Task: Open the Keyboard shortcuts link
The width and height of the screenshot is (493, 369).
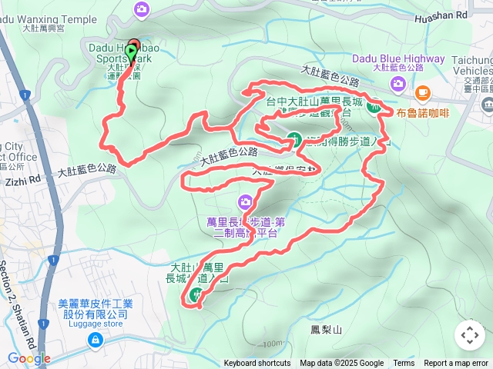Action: click(257, 364)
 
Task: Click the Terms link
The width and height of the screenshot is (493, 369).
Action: click(404, 364)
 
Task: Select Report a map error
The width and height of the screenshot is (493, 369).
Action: click(456, 364)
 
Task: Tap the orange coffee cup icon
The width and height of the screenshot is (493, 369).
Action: click(422, 93)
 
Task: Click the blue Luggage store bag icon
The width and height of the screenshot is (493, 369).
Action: click(95, 339)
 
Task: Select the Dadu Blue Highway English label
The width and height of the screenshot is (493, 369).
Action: click(398, 58)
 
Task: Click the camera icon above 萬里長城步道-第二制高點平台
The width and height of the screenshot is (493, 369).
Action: click(245, 202)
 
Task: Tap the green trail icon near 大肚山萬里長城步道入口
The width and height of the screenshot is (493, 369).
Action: click(199, 294)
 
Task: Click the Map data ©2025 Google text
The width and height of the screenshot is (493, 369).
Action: click(341, 364)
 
